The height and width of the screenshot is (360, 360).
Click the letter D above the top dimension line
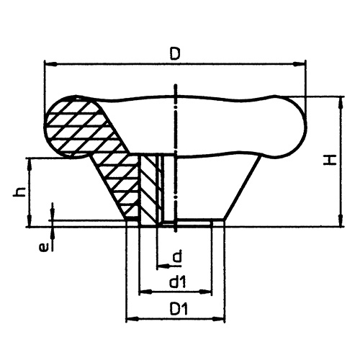point(174,53)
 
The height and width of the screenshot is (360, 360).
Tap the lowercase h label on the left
point(21,192)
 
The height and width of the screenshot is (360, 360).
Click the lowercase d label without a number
point(175,256)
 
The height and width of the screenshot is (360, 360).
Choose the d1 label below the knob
point(176,283)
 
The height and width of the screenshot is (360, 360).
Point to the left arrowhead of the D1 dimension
point(130,318)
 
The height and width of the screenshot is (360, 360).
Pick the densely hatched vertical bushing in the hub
point(148,189)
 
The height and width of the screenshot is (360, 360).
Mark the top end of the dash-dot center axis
point(174,88)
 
